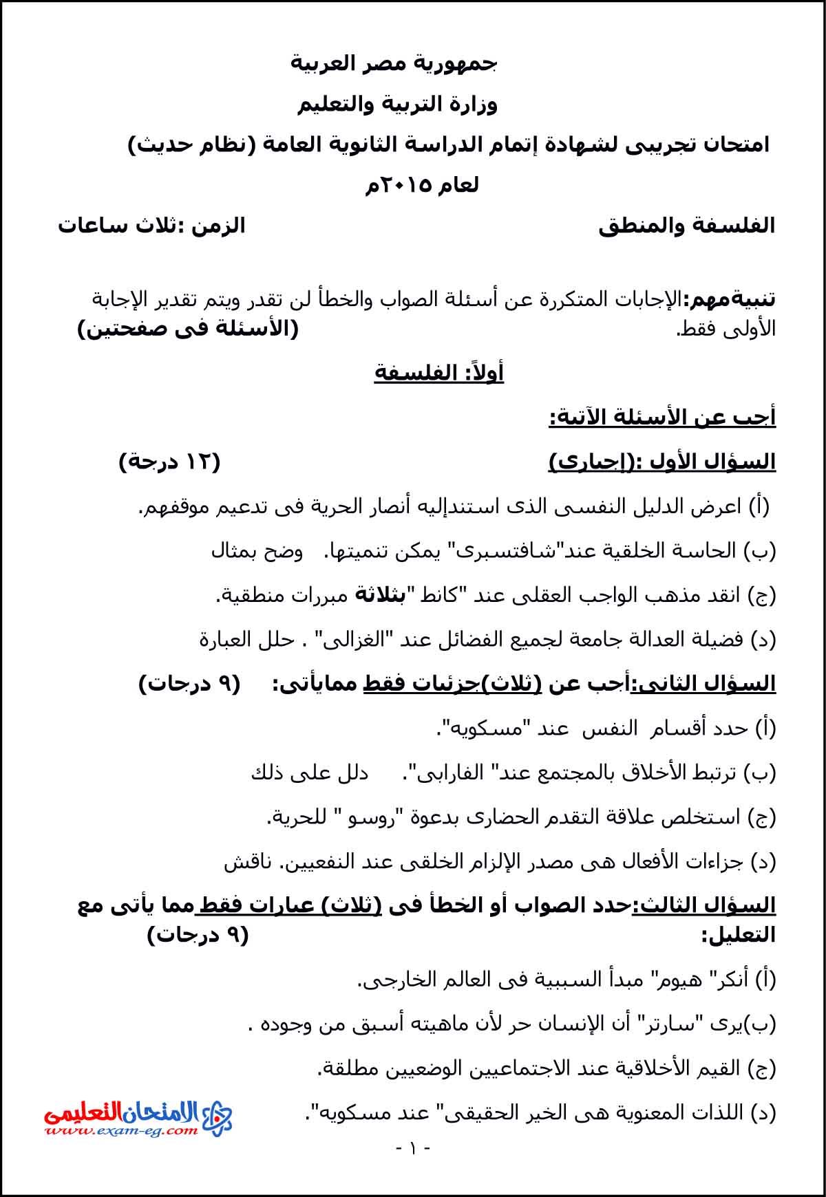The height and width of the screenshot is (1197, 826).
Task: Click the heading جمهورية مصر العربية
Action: coord(393,64)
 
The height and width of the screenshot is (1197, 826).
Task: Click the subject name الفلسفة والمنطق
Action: coord(686,226)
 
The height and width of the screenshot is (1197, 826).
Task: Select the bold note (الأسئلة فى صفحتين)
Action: coord(188,329)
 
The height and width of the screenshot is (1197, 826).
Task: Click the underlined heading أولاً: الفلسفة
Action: coord(438,373)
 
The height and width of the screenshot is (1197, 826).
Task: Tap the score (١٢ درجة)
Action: coord(169,462)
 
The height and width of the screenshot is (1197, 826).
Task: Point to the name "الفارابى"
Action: coord(445,772)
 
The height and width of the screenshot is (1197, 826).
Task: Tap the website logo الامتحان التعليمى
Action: coord(138,1118)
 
